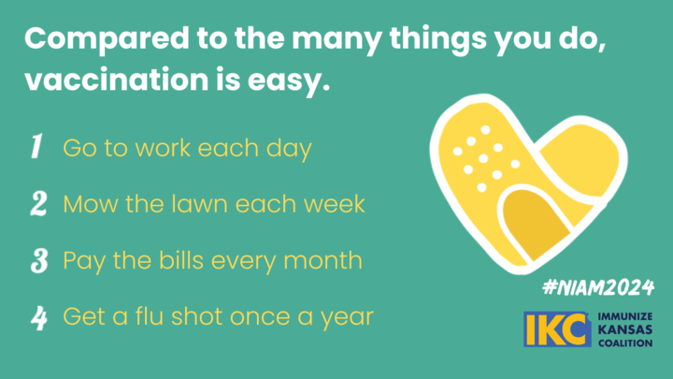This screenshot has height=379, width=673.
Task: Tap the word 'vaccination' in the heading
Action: [x=117, y=80]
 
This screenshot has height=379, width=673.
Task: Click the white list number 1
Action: [x=36, y=146]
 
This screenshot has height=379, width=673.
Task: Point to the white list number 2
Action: [x=38, y=203]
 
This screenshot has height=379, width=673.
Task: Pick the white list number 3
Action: [x=39, y=260]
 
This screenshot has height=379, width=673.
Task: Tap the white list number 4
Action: [x=38, y=318]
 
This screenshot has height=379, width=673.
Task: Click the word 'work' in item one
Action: [x=163, y=148]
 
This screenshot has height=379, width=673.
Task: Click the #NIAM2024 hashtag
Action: [x=598, y=287]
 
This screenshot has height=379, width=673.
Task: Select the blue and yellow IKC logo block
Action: [x=557, y=329]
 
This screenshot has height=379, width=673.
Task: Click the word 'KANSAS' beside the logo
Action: [x=625, y=330]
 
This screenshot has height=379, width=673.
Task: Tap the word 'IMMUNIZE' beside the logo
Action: [x=625, y=316]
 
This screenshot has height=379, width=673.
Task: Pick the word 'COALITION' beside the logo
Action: [x=625, y=343]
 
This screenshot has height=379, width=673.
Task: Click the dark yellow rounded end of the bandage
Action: [x=536, y=224]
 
